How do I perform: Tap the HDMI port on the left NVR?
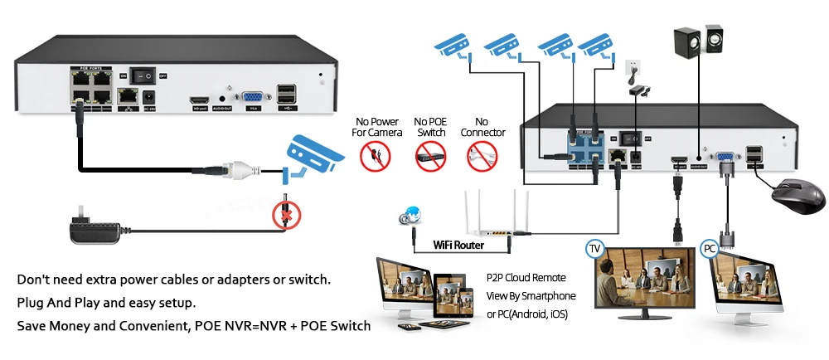199,99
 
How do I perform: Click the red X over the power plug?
286,218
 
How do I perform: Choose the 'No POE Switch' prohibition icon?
432,154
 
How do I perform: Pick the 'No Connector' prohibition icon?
485,154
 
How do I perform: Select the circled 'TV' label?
595,248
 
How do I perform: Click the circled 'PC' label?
710,248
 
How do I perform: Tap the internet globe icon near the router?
408,216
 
